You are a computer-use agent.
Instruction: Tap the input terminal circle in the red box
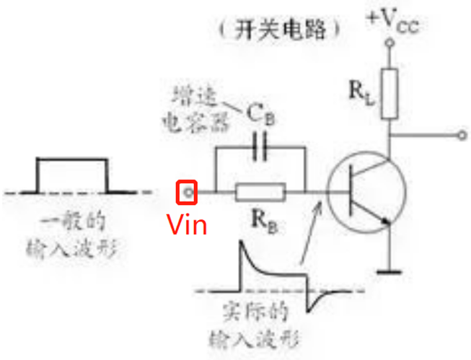[188, 192]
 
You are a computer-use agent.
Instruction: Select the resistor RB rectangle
[259, 193]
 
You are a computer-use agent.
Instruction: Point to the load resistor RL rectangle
[389, 93]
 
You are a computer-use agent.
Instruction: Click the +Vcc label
[392, 22]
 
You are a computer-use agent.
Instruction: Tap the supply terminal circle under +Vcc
[389, 44]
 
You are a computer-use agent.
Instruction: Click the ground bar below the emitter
[389, 272]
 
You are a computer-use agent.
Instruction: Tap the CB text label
[257, 113]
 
